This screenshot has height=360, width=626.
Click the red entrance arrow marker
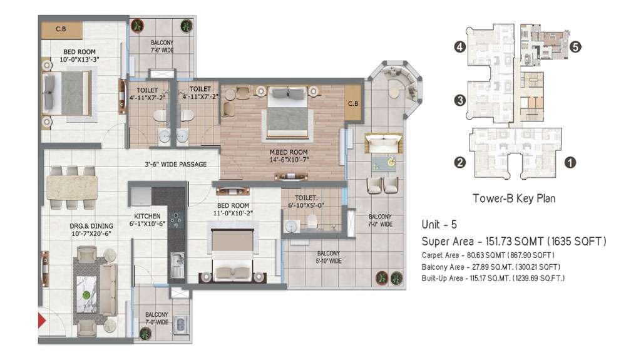click(41, 321)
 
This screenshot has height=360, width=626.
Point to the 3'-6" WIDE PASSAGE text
click(176, 164)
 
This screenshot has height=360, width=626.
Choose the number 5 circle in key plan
click(575, 47)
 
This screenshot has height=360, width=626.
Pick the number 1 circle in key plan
click(570, 162)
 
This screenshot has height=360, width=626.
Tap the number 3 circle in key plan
click(460, 100)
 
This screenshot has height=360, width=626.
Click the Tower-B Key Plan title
click(514, 198)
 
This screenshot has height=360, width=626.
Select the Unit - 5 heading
click(439, 224)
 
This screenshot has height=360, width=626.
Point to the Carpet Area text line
click(488, 255)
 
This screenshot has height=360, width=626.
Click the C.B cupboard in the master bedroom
click(353, 103)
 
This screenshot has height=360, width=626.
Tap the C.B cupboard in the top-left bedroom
click(61, 29)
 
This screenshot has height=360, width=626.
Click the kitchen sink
click(177, 265)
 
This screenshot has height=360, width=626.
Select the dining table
click(72, 188)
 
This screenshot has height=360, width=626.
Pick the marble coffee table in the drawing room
click(86, 295)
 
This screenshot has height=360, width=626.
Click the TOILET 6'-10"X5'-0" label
click(306, 202)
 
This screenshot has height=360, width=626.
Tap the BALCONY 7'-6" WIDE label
click(162, 46)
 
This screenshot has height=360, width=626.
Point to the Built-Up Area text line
click(493, 278)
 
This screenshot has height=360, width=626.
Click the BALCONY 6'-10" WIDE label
click(329, 257)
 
